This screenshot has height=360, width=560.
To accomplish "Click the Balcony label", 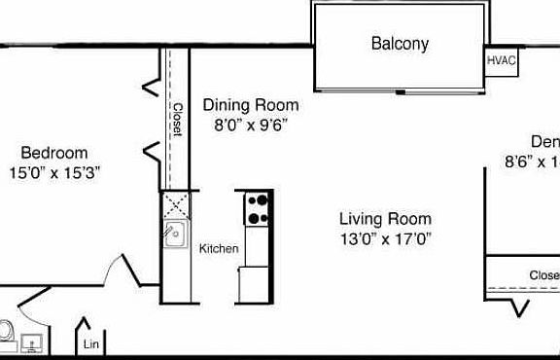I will click(400, 44).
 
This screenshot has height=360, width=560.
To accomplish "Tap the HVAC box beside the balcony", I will click(502, 59).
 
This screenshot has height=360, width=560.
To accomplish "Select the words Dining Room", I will click(250, 105).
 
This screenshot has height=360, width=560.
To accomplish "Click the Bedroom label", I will click(54, 153).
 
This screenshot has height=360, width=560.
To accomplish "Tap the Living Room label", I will click(385, 219).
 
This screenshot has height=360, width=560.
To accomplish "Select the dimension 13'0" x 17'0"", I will click(385, 237).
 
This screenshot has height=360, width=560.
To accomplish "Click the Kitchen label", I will click(219, 249).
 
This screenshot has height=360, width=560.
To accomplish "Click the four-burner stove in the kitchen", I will click(259, 207).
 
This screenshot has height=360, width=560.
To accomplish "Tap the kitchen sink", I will click(175, 235).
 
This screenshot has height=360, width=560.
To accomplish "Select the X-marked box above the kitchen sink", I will click(175, 205).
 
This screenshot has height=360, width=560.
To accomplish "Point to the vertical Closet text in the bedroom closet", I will click(177, 120).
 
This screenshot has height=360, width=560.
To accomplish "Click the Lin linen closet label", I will click(91, 344).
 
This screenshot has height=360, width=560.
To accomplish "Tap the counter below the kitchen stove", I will click(258, 263).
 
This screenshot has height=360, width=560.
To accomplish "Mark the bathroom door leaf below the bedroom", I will click(35, 297).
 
